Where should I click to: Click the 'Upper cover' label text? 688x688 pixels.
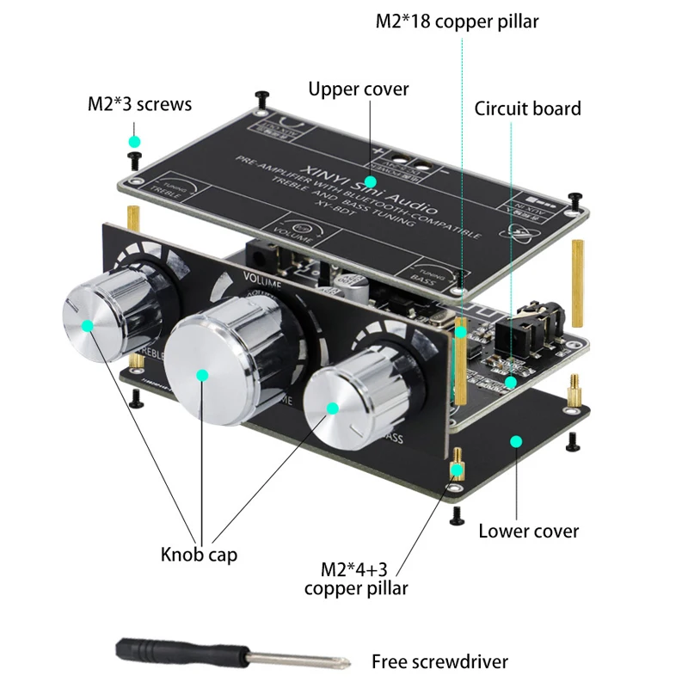pyautogui.click(x=359, y=89)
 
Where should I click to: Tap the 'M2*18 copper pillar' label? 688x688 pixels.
pyautogui.click(x=457, y=21)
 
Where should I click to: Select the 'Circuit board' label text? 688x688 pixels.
pyautogui.click(x=527, y=108)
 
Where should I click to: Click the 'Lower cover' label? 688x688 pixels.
pyautogui.click(x=528, y=530)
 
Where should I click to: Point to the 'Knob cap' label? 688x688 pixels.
pyautogui.click(x=199, y=554)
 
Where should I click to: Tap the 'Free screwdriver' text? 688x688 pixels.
pyautogui.click(x=439, y=661)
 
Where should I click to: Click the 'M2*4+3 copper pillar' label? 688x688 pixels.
pyautogui.click(x=356, y=579)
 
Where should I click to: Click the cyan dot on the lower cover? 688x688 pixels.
pyautogui.click(x=516, y=441)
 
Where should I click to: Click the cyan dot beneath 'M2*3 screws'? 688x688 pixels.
pyautogui.click(x=134, y=139)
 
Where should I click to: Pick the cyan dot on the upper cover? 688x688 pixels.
pyautogui.click(x=370, y=181)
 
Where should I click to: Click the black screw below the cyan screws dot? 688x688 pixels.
pyautogui.click(x=134, y=159)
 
